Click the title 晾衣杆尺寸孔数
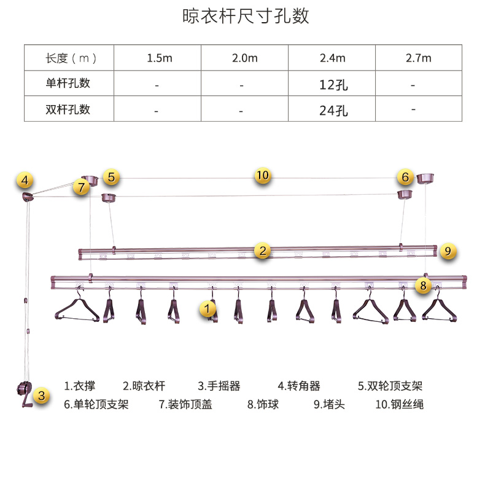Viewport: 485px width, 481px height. [245, 16]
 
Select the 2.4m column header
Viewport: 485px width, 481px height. [333, 58]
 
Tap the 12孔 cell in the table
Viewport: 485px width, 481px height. [333, 85]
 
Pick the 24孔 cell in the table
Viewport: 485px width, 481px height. [333, 111]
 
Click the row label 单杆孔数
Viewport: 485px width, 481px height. [68, 83]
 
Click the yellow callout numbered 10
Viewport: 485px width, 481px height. [263, 175]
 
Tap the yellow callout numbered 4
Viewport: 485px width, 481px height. [25, 181]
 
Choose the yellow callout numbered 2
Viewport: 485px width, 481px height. [263, 250]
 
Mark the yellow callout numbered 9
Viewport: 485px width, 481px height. [448, 251]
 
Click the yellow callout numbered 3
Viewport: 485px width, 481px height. [41, 396]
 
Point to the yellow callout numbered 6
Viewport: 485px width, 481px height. [405, 178]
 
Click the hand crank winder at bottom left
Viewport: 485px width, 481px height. [24, 394]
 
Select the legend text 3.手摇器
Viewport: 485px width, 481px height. [219, 386]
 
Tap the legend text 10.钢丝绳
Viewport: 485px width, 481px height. [399, 404]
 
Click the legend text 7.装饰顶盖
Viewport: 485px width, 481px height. [185, 404]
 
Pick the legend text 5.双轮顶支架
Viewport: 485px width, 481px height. [390, 386]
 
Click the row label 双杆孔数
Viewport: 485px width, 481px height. [68, 109]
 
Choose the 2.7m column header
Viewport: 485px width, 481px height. [419, 58]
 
